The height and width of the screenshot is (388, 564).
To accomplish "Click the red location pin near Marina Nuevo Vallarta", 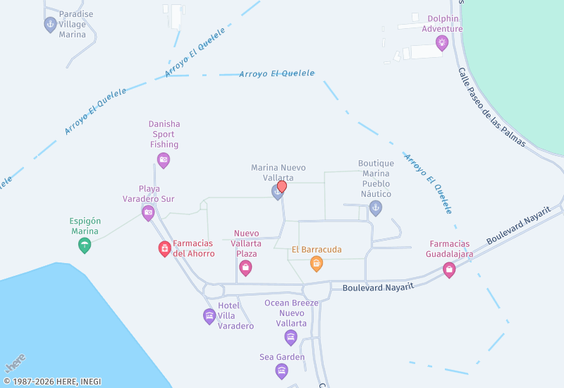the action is point(282,186).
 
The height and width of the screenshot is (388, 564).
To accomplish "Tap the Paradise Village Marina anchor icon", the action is point(50,25).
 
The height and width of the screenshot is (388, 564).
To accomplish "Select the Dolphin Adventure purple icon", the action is point(442,43).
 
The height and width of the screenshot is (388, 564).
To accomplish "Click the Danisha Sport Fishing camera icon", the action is point(164,160).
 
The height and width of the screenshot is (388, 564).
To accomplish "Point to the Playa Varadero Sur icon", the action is point(148,212).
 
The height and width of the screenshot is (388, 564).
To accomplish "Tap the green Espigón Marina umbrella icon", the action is point(85,245).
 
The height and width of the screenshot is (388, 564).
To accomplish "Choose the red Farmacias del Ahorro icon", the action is point(164,248).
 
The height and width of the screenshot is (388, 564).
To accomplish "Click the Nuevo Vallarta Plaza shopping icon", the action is point(245,267).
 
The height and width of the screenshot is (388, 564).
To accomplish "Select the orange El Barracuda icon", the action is point(317,264).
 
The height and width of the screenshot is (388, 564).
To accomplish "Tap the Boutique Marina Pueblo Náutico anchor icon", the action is point(376,208).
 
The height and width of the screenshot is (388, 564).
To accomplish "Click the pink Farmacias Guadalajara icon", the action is point(449,269).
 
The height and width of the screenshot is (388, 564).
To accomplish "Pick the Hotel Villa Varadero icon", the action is point(209,316).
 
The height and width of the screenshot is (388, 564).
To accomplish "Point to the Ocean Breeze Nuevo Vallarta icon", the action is point(291,337).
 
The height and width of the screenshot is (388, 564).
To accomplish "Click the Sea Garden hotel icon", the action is point(282,370).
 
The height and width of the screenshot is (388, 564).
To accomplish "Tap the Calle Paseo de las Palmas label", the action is point(491,107).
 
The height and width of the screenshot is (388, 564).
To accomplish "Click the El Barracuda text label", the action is point(317,249).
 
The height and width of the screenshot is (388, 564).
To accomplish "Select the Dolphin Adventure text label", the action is point(443,24).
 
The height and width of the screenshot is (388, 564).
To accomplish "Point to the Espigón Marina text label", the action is point(85,226).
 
